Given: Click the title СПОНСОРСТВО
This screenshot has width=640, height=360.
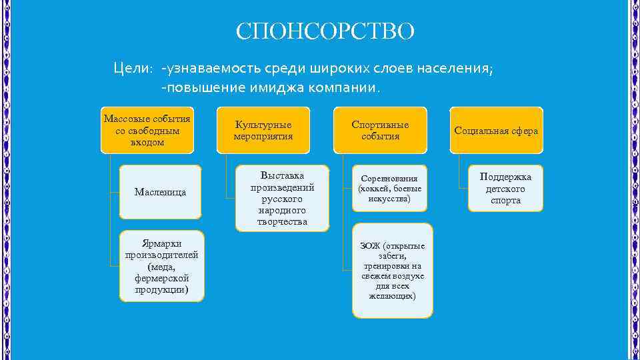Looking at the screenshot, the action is coord(325,31).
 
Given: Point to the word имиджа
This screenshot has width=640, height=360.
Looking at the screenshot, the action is coord(288,87).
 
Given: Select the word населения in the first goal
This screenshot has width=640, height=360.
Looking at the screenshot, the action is coord(455,69).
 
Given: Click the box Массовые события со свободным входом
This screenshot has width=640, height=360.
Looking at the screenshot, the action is coord(147,130).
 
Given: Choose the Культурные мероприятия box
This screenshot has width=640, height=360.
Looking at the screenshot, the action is coord(263,130).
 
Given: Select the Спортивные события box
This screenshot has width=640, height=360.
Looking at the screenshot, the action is coord(381,130).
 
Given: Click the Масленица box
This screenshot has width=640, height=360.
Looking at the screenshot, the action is coord(160,192).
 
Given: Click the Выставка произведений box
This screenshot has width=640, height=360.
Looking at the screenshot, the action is coord(283,198).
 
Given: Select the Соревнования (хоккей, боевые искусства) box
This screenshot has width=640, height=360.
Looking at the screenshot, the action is coord(389,189).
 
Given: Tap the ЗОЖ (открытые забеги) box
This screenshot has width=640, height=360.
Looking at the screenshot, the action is coord(392,270).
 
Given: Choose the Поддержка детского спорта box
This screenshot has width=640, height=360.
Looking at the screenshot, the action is coord(505,189).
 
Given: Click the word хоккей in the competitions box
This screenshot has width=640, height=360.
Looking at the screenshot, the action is coord(375,189).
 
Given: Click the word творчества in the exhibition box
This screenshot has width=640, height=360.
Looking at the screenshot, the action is coord(283,221).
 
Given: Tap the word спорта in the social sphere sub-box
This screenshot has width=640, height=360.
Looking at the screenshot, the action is coord(505,201).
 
